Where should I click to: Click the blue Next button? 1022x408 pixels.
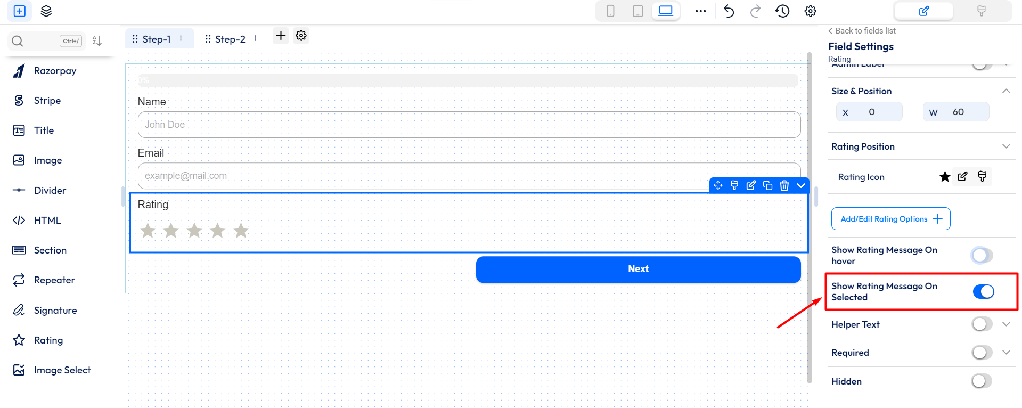[x=638, y=270]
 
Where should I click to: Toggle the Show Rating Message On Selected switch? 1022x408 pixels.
[x=983, y=292]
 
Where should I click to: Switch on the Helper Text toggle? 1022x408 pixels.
[x=982, y=324]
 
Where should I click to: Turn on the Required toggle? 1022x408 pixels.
[x=982, y=353]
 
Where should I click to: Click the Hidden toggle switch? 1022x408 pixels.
[x=982, y=381]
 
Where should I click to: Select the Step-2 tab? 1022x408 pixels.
[x=230, y=39]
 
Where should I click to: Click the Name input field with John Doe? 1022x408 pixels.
[x=469, y=125]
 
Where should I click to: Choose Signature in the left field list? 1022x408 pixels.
[x=55, y=311]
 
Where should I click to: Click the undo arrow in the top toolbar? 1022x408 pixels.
[x=729, y=11]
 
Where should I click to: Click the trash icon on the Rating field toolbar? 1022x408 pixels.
[x=784, y=185]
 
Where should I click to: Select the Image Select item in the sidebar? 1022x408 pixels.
[x=62, y=370]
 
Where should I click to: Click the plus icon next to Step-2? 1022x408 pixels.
[x=281, y=36]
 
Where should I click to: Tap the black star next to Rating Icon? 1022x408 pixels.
[x=945, y=177]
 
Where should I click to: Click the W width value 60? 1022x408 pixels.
[x=958, y=112]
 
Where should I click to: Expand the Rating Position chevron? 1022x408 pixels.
[x=1006, y=146]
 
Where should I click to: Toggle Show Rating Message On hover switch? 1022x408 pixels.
[x=982, y=256]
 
